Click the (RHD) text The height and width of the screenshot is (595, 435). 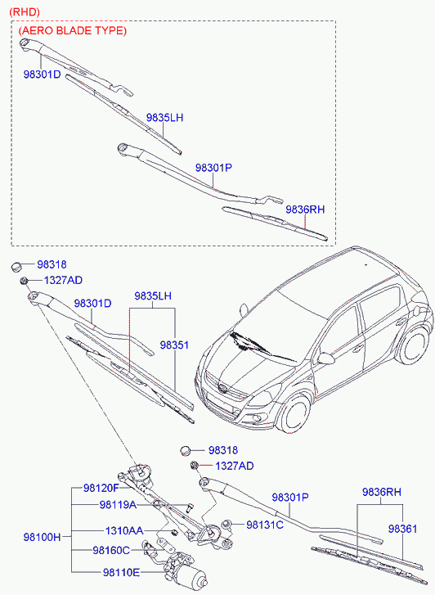(x=23, y=11)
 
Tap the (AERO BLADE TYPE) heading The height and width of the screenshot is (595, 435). (x=73, y=30)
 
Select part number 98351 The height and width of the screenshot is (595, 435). (x=174, y=345)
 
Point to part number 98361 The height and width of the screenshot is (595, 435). (x=403, y=530)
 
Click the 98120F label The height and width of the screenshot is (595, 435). (x=101, y=488)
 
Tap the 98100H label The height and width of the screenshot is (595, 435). (x=42, y=538)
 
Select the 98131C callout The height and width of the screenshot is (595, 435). (x=264, y=525)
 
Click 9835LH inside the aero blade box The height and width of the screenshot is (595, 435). (x=164, y=118)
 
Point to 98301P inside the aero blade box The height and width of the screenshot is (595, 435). (x=214, y=167)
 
